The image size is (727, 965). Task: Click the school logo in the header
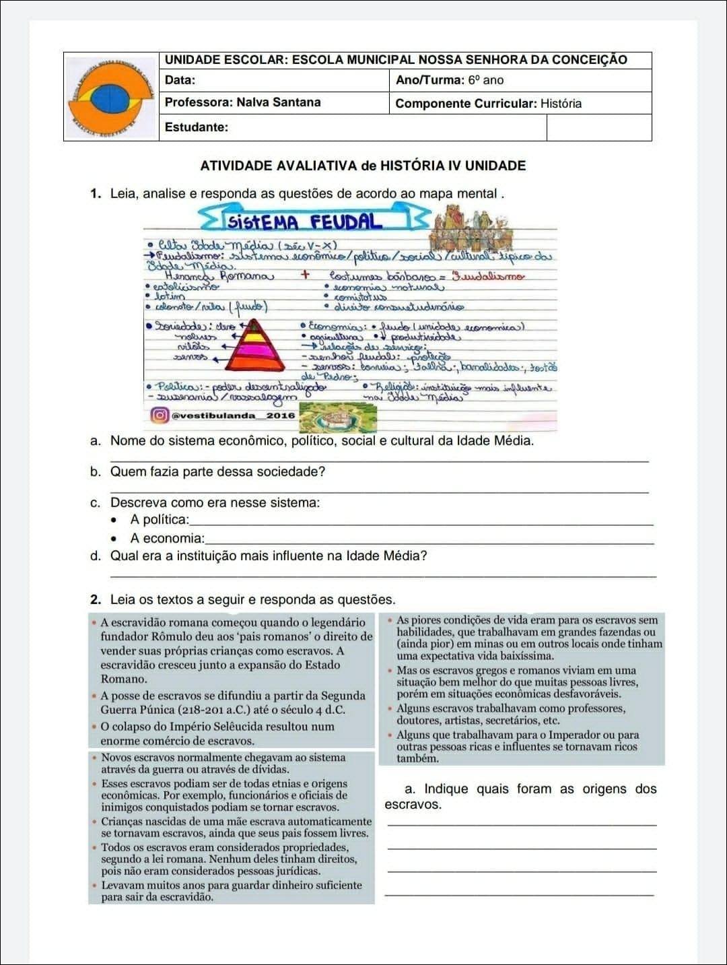(111, 97)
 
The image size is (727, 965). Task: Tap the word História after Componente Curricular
(561, 104)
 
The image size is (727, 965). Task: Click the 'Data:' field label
(180, 80)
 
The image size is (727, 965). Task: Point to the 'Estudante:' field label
(196, 127)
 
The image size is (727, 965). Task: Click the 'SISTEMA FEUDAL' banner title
(305, 222)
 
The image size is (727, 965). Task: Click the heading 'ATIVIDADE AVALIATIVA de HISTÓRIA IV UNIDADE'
(363, 166)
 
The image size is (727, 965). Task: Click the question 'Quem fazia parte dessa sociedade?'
(217, 471)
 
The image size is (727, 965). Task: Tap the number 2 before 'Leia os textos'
(95, 599)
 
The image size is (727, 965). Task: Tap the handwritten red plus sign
(305, 275)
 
